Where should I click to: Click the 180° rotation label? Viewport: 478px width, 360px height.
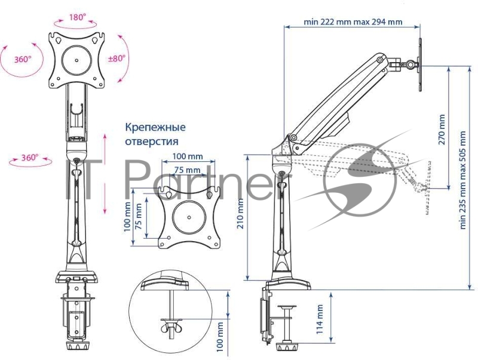click(76, 18)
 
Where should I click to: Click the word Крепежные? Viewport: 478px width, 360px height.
click(155, 127)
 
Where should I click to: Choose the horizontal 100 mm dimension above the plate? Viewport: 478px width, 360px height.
click(187, 156)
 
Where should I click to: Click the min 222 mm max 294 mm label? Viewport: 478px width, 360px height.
click(353, 22)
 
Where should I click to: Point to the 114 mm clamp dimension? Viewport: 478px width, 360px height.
click(320, 319)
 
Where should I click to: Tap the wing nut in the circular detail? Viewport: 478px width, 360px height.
click(170, 326)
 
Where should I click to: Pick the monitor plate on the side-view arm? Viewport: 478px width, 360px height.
click(421, 64)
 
